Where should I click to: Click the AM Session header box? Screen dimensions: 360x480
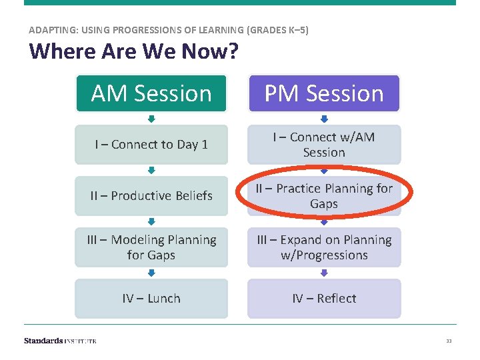pyautogui.click(x=151, y=93)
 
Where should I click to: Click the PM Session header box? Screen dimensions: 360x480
pyautogui.click(x=324, y=93)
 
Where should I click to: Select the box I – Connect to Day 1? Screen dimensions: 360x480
pyautogui.click(x=151, y=145)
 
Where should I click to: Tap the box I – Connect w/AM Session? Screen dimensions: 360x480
pyautogui.click(x=324, y=145)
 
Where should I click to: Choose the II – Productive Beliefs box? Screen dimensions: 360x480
pyautogui.click(x=151, y=195)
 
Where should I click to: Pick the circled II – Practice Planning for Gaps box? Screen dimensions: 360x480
pyautogui.click(x=324, y=196)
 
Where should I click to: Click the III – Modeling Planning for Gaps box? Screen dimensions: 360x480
pyautogui.click(x=151, y=247)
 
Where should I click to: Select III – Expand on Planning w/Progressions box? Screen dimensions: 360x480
pyautogui.click(x=324, y=247)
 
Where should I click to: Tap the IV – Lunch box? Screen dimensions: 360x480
pyautogui.click(x=151, y=299)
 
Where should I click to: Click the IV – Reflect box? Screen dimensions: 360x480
pyautogui.click(x=324, y=299)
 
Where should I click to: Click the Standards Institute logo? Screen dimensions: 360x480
pyautogui.click(x=60, y=341)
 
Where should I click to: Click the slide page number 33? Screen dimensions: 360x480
pyautogui.click(x=449, y=341)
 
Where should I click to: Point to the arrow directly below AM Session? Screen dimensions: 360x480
pyautogui.click(x=151, y=119)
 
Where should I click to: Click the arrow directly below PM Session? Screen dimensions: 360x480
pyautogui.click(x=325, y=119)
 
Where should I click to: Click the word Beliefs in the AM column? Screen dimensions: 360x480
pyautogui.click(x=191, y=195)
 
